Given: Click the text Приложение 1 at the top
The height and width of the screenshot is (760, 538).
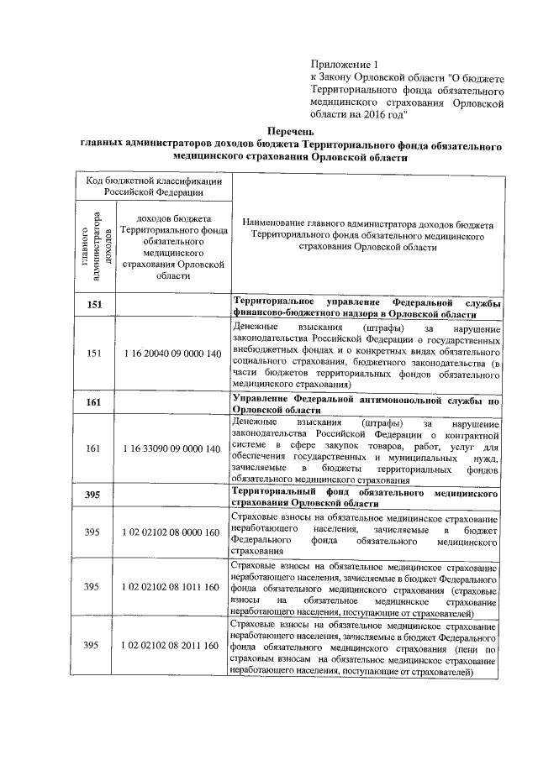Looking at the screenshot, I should pyautogui.click(x=345, y=64).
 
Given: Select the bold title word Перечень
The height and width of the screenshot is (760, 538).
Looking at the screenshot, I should pyautogui.click(x=290, y=132).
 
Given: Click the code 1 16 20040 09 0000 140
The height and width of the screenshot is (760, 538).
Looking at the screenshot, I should pyautogui.click(x=171, y=354).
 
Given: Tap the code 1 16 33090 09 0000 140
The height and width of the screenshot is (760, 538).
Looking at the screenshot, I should pyautogui.click(x=171, y=448).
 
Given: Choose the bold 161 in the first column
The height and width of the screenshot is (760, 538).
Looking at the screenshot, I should pyautogui.click(x=93, y=402).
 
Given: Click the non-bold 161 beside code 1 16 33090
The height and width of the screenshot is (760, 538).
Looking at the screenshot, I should pyautogui.click(x=93, y=448).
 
